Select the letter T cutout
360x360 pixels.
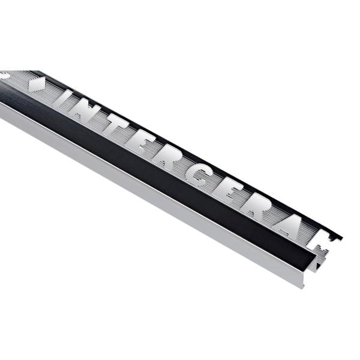[x=113, y=126]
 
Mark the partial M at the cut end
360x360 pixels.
[x=321, y=251]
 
